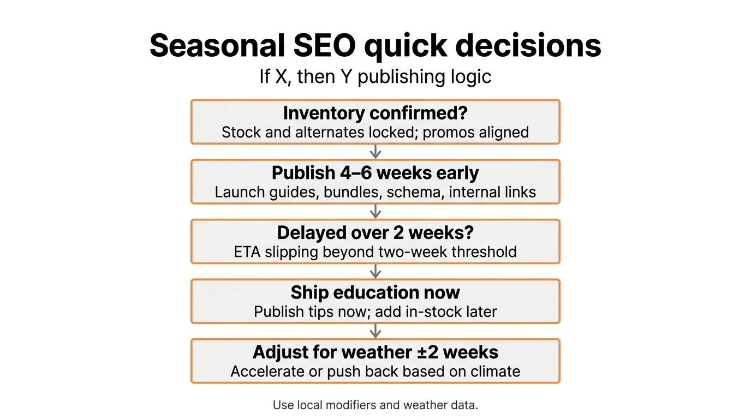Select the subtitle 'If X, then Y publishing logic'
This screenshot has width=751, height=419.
click(375, 76)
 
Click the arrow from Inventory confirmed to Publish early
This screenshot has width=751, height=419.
click(375, 152)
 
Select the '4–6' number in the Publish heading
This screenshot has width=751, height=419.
click(355, 173)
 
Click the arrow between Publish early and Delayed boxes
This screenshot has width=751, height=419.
click(375, 212)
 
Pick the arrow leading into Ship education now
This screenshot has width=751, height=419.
click(375, 271)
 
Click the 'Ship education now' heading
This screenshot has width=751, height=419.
click(375, 292)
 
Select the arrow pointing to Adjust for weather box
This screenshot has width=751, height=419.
click(375, 331)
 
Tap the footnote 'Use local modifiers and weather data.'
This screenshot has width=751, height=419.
click(375, 405)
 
